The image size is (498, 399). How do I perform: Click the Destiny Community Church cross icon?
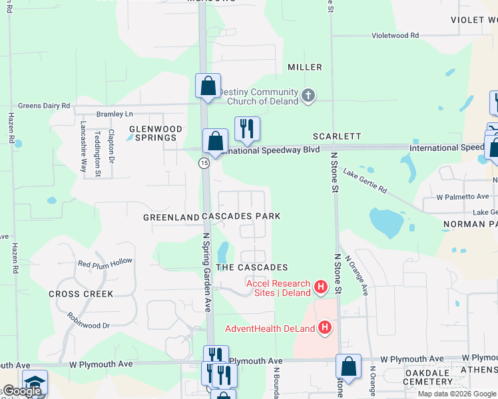click(x=308, y=96)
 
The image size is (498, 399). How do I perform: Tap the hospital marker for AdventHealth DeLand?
click(x=325, y=327)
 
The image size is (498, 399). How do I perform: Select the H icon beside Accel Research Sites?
click(x=321, y=287)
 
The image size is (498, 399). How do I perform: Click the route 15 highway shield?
click(x=204, y=163)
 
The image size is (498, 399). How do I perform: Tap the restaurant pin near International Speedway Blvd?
click(x=247, y=128)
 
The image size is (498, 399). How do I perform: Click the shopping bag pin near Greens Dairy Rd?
click(x=208, y=86)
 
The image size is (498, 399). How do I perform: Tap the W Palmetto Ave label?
click(x=463, y=197)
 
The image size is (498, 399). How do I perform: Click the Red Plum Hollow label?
click(x=105, y=263)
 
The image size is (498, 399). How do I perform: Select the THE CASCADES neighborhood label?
click(x=252, y=267)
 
